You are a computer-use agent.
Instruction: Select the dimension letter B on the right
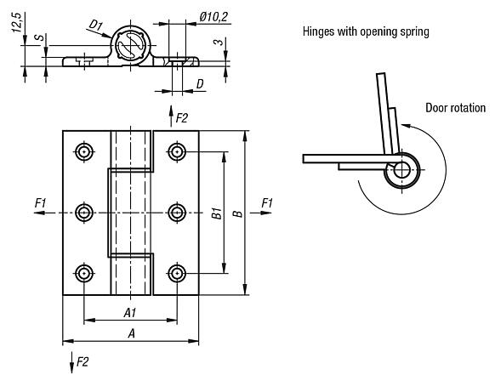coord(238,213)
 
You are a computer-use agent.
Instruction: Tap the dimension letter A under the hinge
coord(130,334)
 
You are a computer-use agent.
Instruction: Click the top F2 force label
coord(181,118)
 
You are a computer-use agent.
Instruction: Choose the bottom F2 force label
coord(82,362)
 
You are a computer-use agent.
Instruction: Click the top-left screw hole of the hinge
coord(84,152)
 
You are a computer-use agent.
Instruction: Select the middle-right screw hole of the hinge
coord(176,213)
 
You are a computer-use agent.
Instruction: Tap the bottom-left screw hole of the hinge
coord(84,273)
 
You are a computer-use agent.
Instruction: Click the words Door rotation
coord(456,108)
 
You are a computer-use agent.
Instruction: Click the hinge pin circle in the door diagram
coord(400,170)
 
